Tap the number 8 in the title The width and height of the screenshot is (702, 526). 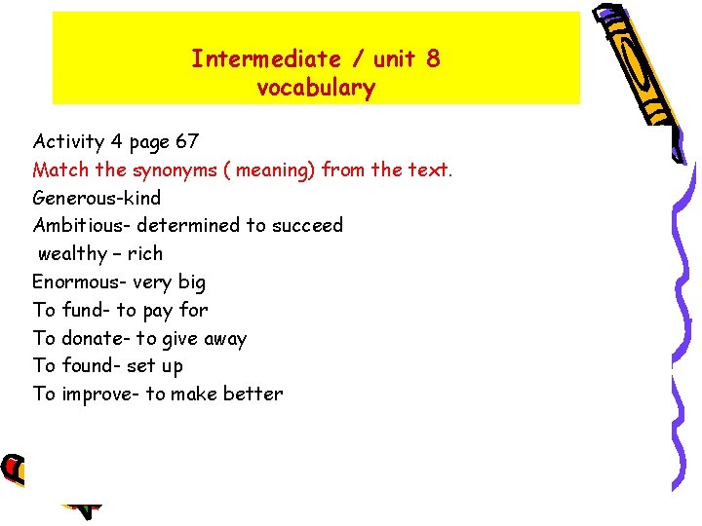(x=432, y=58)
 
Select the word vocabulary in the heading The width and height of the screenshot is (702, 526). (x=316, y=89)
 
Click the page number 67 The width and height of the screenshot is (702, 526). (x=187, y=141)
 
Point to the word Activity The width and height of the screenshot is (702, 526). (x=68, y=141)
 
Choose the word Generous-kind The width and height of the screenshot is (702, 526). (x=97, y=198)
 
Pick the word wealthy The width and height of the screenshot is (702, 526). (x=72, y=253)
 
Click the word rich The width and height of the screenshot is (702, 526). (x=145, y=253)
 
